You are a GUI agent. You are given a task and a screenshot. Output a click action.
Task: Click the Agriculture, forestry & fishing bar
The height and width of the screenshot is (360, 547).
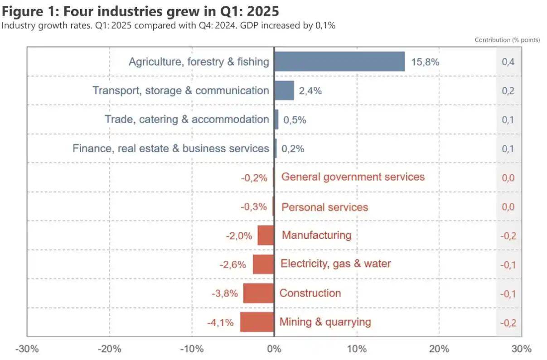click(339, 62)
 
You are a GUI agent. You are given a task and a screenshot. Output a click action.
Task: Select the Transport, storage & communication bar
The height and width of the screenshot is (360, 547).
click(284, 91)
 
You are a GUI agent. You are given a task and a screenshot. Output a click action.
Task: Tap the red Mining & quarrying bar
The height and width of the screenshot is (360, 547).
click(257, 322)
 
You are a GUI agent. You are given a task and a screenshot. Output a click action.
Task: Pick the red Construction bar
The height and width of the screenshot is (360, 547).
click(258, 293)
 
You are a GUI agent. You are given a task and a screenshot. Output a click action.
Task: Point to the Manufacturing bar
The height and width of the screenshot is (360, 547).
click(266, 235)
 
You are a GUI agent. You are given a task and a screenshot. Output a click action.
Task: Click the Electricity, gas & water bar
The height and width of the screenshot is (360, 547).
click(263, 264)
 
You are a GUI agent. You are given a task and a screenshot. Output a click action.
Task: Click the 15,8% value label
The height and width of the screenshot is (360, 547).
click(425, 62)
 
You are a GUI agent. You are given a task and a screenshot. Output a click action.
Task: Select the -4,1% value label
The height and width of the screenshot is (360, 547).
click(220, 322)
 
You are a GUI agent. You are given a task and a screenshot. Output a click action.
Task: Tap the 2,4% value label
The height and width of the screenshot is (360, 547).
click(310, 91)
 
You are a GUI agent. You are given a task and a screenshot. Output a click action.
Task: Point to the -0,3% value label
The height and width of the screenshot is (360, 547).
click(254, 207)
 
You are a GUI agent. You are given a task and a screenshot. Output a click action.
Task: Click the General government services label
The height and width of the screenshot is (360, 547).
click(353, 177)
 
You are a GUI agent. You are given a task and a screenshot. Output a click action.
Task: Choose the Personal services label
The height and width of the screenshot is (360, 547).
click(325, 207)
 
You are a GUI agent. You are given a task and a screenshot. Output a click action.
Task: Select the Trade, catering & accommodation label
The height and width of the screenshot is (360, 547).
click(187, 120)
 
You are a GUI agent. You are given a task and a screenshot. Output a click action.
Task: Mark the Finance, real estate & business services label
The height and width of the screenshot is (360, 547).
click(171, 149)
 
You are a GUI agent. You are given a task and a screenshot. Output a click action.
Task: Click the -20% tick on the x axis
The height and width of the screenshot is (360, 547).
click(109, 349)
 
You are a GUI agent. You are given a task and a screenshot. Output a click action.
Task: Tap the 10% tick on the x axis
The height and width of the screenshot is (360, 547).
click(357, 349)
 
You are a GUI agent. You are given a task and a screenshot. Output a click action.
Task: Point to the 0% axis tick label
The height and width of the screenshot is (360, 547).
click(274, 349)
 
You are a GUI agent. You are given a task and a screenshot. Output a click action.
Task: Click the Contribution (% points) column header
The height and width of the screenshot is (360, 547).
click(507, 40)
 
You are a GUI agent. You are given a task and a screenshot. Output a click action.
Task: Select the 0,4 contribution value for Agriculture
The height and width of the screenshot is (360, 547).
click(508, 62)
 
